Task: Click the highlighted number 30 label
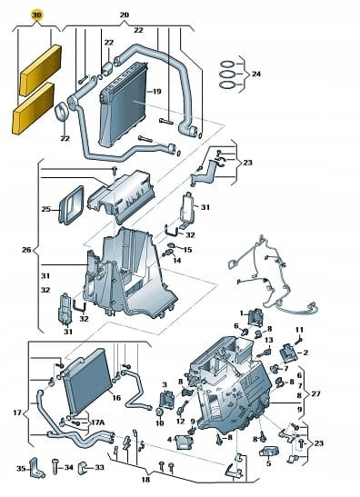click(36, 15)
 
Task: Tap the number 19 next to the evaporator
click(156, 92)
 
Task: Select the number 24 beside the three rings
click(256, 74)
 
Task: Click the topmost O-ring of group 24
click(227, 64)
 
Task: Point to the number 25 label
click(46, 209)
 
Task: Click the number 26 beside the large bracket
click(26, 250)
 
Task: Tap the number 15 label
click(187, 250)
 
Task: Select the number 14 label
click(176, 260)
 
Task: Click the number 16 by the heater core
click(116, 397)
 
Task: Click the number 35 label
click(21, 468)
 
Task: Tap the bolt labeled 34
click(55, 468)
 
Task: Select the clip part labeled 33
click(82, 468)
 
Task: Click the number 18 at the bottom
click(145, 480)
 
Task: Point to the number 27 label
click(316, 394)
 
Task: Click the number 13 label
click(269, 340)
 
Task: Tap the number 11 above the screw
click(299, 330)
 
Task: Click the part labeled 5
click(269, 452)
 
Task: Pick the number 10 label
click(159, 422)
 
